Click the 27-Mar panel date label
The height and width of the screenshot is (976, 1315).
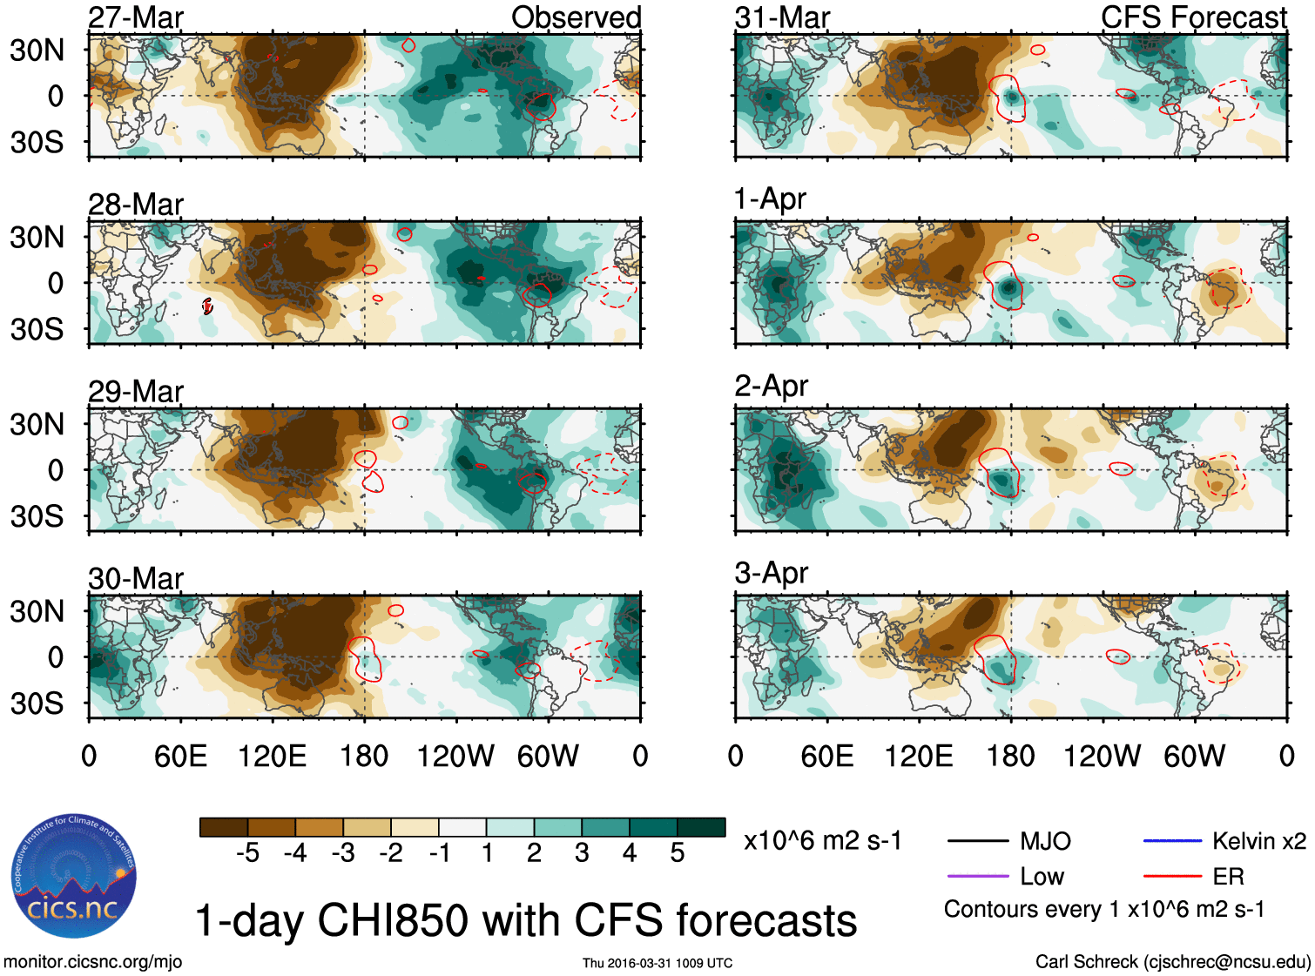click(x=136, y=17)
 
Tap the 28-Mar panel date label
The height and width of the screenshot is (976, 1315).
click(x=136, y=205)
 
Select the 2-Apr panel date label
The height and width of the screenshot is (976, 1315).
click(x=772, y=386)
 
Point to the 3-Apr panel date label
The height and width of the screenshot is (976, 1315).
click(x=772, y=573)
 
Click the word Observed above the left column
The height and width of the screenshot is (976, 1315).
click(x=577, y=17)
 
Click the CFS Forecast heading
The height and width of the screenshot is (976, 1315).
click(x=1194, y=17)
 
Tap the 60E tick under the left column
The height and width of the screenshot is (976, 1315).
click(x=180, y=756)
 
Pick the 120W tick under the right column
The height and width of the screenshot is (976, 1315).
click(x=1102, y=756)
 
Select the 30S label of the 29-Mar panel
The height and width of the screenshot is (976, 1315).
click(x=37, y=516)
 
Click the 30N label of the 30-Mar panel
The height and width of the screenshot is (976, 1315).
click(x=37, y=611)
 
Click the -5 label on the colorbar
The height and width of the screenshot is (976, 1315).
click(x=247, y=853)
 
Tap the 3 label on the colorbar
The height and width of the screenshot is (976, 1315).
click(x=582, y=853)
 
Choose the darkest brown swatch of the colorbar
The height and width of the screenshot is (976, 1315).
click(x=224, y=827)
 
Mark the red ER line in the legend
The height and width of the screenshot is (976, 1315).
click(x=1172, y=876)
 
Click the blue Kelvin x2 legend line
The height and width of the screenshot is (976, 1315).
click(x=1172, y=841)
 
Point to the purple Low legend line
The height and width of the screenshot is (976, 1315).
click(x=977, y=876)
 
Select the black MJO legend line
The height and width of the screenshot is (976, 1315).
click(x=977, y=841)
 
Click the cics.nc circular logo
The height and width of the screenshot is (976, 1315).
click(x=74, y=877)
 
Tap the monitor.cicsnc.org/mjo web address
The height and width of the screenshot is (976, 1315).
click(x=93, y=962)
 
